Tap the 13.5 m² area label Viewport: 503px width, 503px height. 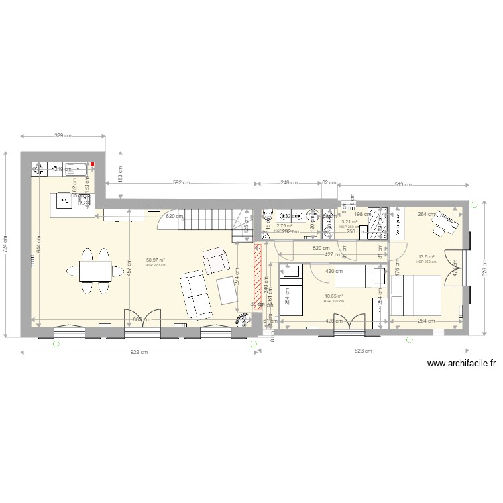point(427,257)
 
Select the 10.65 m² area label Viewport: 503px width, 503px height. point(333,296)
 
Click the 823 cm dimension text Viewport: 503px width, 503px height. point(362,351)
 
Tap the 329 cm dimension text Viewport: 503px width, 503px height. point(63,135)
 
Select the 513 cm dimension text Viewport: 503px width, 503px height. point(403,184)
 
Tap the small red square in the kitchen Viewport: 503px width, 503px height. point(93,165)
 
